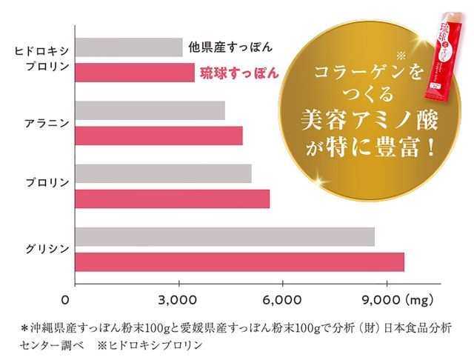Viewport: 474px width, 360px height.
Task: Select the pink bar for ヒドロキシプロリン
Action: point(135,73)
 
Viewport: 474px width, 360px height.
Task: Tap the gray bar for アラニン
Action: point(150,110)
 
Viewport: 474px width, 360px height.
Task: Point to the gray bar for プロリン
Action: point(164,174)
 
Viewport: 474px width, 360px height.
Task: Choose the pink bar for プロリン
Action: point(173,199)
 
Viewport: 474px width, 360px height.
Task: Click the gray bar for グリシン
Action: point(225,236)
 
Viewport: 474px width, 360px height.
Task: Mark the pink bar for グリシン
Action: point(240,262)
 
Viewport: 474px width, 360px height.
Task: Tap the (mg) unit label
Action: point(421,301)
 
